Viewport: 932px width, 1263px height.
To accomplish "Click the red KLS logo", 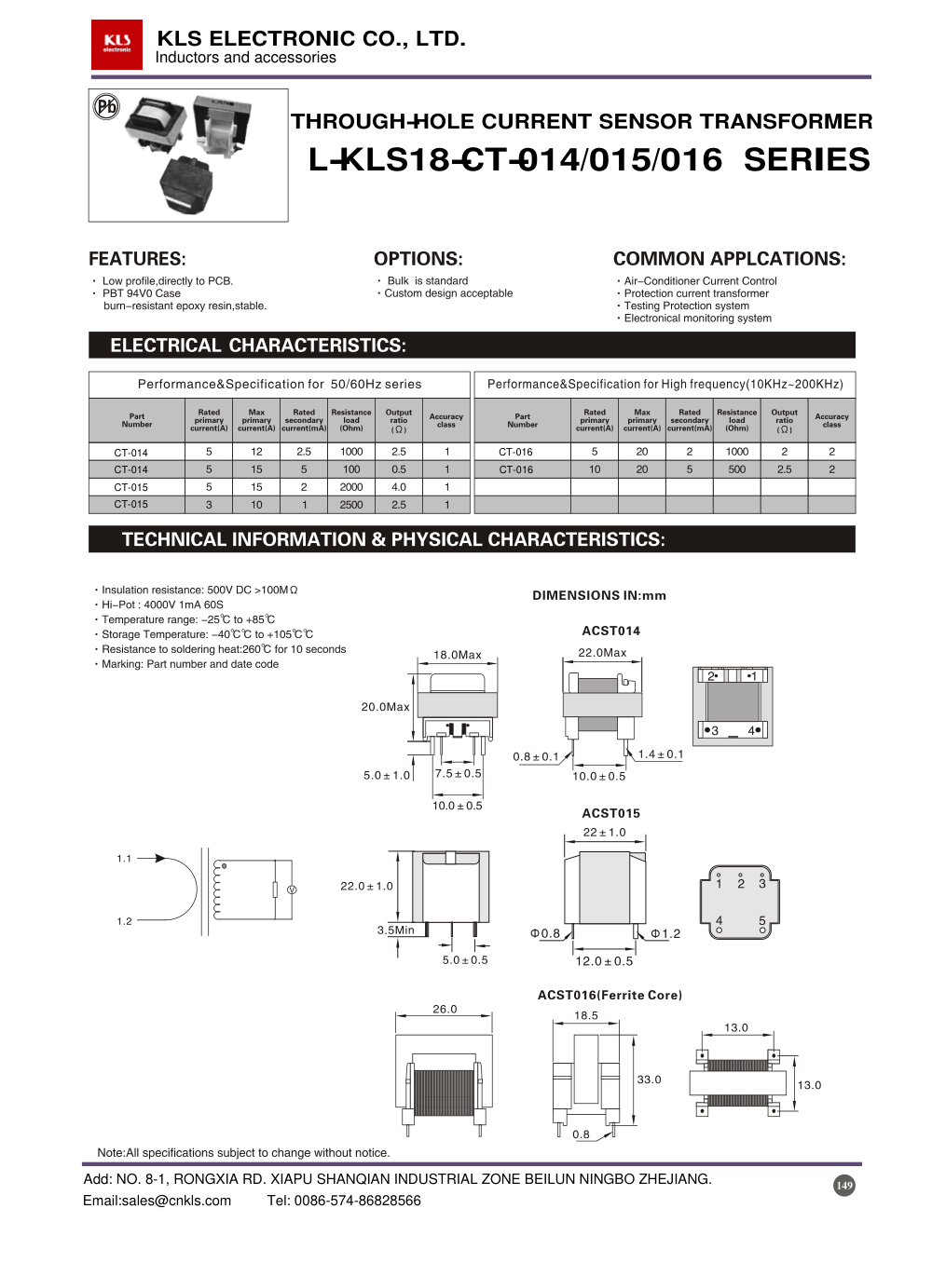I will click(116, 44).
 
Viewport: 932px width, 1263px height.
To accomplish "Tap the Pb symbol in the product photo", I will click(106, 106).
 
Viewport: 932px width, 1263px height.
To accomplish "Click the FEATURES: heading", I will click(137, 259).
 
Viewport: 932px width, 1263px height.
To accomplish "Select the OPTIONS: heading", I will click(418, 259).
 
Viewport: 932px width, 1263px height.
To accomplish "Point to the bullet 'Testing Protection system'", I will click(687, 306).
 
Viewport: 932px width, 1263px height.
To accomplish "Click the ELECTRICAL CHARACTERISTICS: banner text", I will click(258, 346).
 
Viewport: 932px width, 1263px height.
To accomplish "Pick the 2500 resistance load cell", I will click(351, 505).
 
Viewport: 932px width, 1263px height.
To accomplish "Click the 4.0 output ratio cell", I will click(399, 487).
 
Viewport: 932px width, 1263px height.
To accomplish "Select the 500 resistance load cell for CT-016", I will click(737, 469).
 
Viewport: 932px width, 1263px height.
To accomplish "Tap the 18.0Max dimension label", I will click(458, 655).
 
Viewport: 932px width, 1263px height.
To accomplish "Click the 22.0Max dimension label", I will click(602, 653).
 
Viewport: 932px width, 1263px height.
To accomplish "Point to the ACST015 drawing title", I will click(610, 813).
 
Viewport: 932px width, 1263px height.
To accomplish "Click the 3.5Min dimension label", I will click(395, 930).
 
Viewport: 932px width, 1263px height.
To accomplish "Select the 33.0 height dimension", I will click(649, 1080).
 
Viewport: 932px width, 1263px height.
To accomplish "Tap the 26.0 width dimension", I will click(445, 1009).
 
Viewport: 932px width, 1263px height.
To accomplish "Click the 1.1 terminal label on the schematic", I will click(124, 859).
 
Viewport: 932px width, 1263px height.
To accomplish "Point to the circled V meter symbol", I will click(292, 890).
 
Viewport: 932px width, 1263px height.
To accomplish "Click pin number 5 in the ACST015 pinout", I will click(762, 921).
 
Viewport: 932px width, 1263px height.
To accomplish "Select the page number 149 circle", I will click(844, 1185).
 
